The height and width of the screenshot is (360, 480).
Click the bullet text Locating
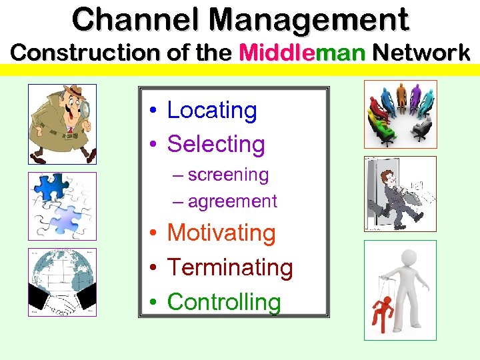tap(212, 110)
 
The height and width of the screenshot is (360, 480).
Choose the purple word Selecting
tap(216, 143)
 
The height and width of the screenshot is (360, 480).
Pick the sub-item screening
tap(228, 175)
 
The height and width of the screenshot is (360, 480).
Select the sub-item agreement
tap(232, 201)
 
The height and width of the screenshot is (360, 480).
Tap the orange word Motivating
tap(221, 233)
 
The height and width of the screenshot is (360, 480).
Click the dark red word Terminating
tap(230, 267)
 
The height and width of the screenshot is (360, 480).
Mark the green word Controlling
tap(224, 301)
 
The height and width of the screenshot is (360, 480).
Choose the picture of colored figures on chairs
tap(400, 113)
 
